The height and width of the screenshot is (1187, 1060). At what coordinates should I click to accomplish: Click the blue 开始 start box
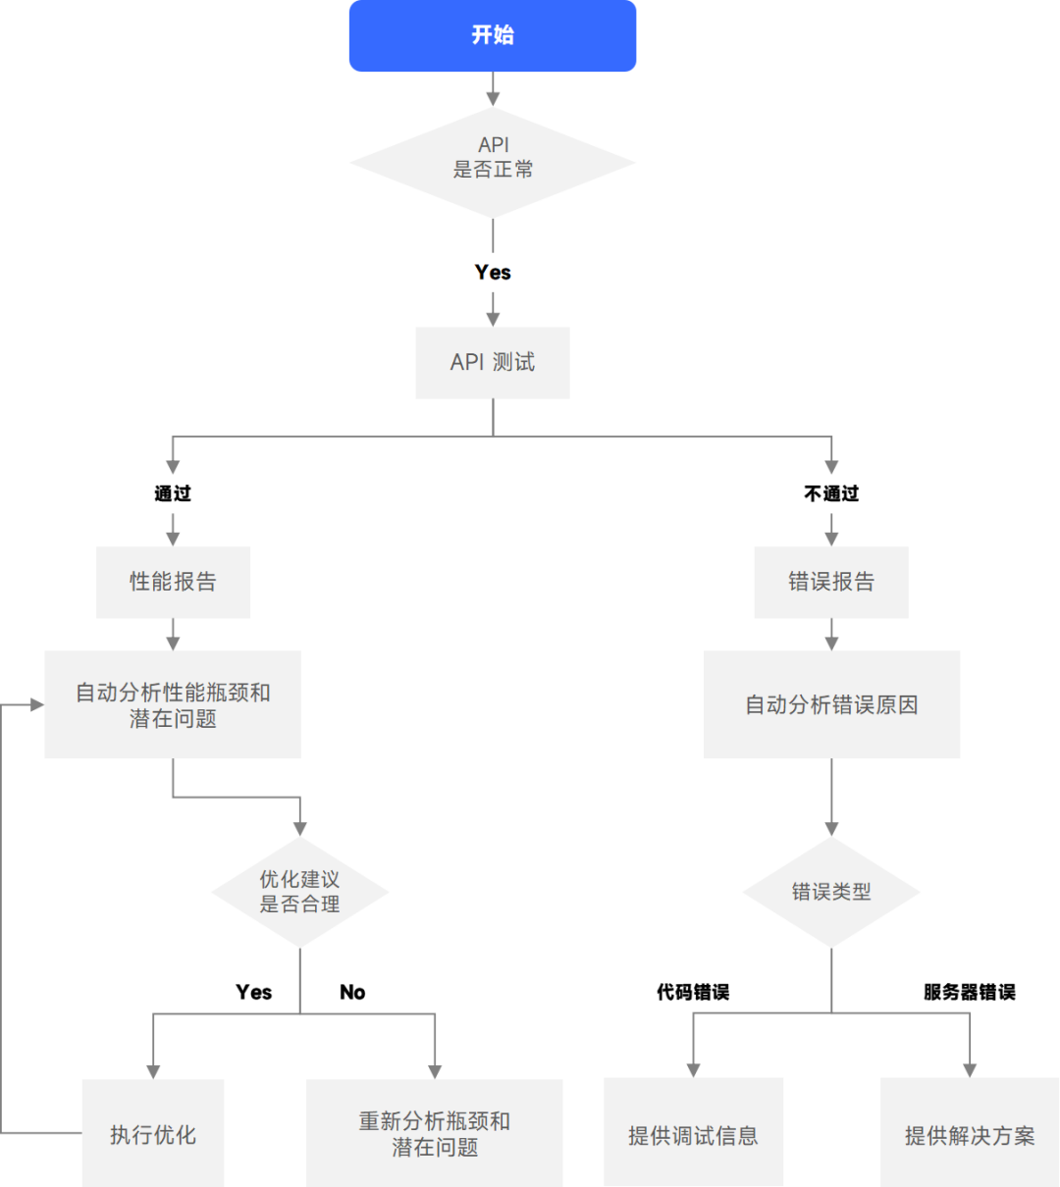click(x=493, y=36)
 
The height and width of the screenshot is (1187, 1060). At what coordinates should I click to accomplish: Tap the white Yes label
click(x=493, y=272)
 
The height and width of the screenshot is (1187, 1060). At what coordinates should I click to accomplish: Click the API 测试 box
click(x=493, y=363)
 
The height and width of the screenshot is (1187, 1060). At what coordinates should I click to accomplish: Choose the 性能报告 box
click(x=174, y=582)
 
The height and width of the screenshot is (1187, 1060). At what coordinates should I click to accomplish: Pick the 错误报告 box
click(x=831, y=582)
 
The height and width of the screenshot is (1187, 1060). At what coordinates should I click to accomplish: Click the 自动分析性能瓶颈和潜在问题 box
click(x=173, y=704)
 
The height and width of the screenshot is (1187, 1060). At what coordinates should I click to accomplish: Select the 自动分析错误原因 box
click(x=831, y=704)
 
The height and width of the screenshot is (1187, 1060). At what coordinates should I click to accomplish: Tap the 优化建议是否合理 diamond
click(x=299, y=892)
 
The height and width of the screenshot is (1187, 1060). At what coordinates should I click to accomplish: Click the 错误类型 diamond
click(x=831, y=892)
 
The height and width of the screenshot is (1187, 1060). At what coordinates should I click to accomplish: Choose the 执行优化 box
click(x=153, y=1134)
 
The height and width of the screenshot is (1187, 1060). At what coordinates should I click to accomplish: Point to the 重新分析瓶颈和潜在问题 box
click(x=435, y=1134)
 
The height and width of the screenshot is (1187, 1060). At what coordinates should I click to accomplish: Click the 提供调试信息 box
click(x=693, y=1134)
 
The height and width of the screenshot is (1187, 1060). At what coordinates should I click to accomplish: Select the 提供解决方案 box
click(x=970, y=1134)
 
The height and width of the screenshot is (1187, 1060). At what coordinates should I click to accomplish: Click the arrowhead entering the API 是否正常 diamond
click(x=493, y=98)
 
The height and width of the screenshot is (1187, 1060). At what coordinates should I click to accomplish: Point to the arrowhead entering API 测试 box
click(x=493, y=319)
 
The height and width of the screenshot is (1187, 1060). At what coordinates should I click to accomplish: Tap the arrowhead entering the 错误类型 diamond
click(x=831, y=828)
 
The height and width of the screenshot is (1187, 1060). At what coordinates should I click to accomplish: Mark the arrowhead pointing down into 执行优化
click(x=153, y=1071)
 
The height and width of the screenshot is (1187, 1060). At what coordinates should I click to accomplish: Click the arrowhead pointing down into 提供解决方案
click(x=970, y=1070)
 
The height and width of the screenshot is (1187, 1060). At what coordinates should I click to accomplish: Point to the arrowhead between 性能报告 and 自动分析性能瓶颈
click(x=173, y=643)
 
